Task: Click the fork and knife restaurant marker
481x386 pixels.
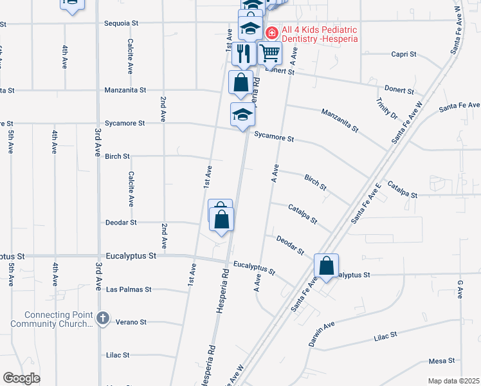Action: point(243,53)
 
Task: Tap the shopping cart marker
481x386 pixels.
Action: point(270,53)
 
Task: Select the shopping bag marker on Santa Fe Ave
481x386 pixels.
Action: point(327,266)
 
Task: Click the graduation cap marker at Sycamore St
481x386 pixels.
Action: point(243,115)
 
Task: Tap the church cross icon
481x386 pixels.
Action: point(103,318)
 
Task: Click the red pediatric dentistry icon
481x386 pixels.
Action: point(272,32)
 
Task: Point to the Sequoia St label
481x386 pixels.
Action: point(122,23)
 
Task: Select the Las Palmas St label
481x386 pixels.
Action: point(129,289)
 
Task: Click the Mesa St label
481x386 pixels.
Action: point(442,360)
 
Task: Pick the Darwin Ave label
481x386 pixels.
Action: point(322,335)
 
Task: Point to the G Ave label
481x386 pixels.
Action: point(460,289)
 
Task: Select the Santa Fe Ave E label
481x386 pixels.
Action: point(367,203)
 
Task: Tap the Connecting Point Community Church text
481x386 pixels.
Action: point(59,319)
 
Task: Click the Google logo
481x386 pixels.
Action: point(21,378)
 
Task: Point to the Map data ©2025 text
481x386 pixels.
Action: point(454,381)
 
